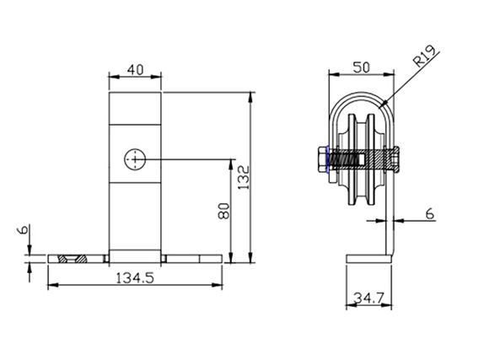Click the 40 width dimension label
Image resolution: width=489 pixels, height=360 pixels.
(x=136, y=70)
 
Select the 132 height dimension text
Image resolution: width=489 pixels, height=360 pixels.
(x=244, y=178)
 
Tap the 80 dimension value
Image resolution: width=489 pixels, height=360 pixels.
(x=224, y=212)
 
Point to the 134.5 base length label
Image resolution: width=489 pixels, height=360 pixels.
(x=135, y=277)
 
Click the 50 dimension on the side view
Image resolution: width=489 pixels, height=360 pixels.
(x=361, y=67)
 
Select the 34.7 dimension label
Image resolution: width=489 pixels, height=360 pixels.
(x=368, y=298)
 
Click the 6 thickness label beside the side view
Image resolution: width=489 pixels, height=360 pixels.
(x=430, y=214)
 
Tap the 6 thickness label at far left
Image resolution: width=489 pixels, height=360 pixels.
(x=24, y=230)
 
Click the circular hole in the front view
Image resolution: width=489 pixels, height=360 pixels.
(x=135, y=159)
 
